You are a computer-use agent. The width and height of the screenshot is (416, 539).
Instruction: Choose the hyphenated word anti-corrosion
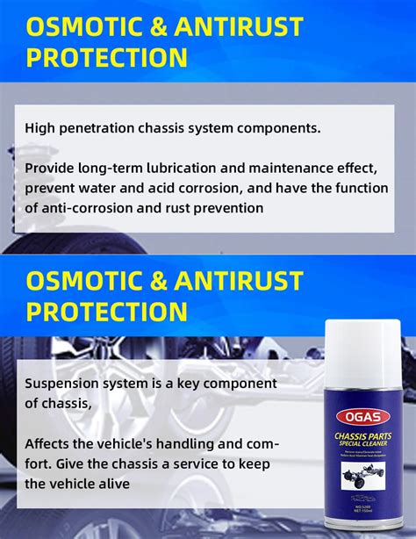[x=97, y=208]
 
